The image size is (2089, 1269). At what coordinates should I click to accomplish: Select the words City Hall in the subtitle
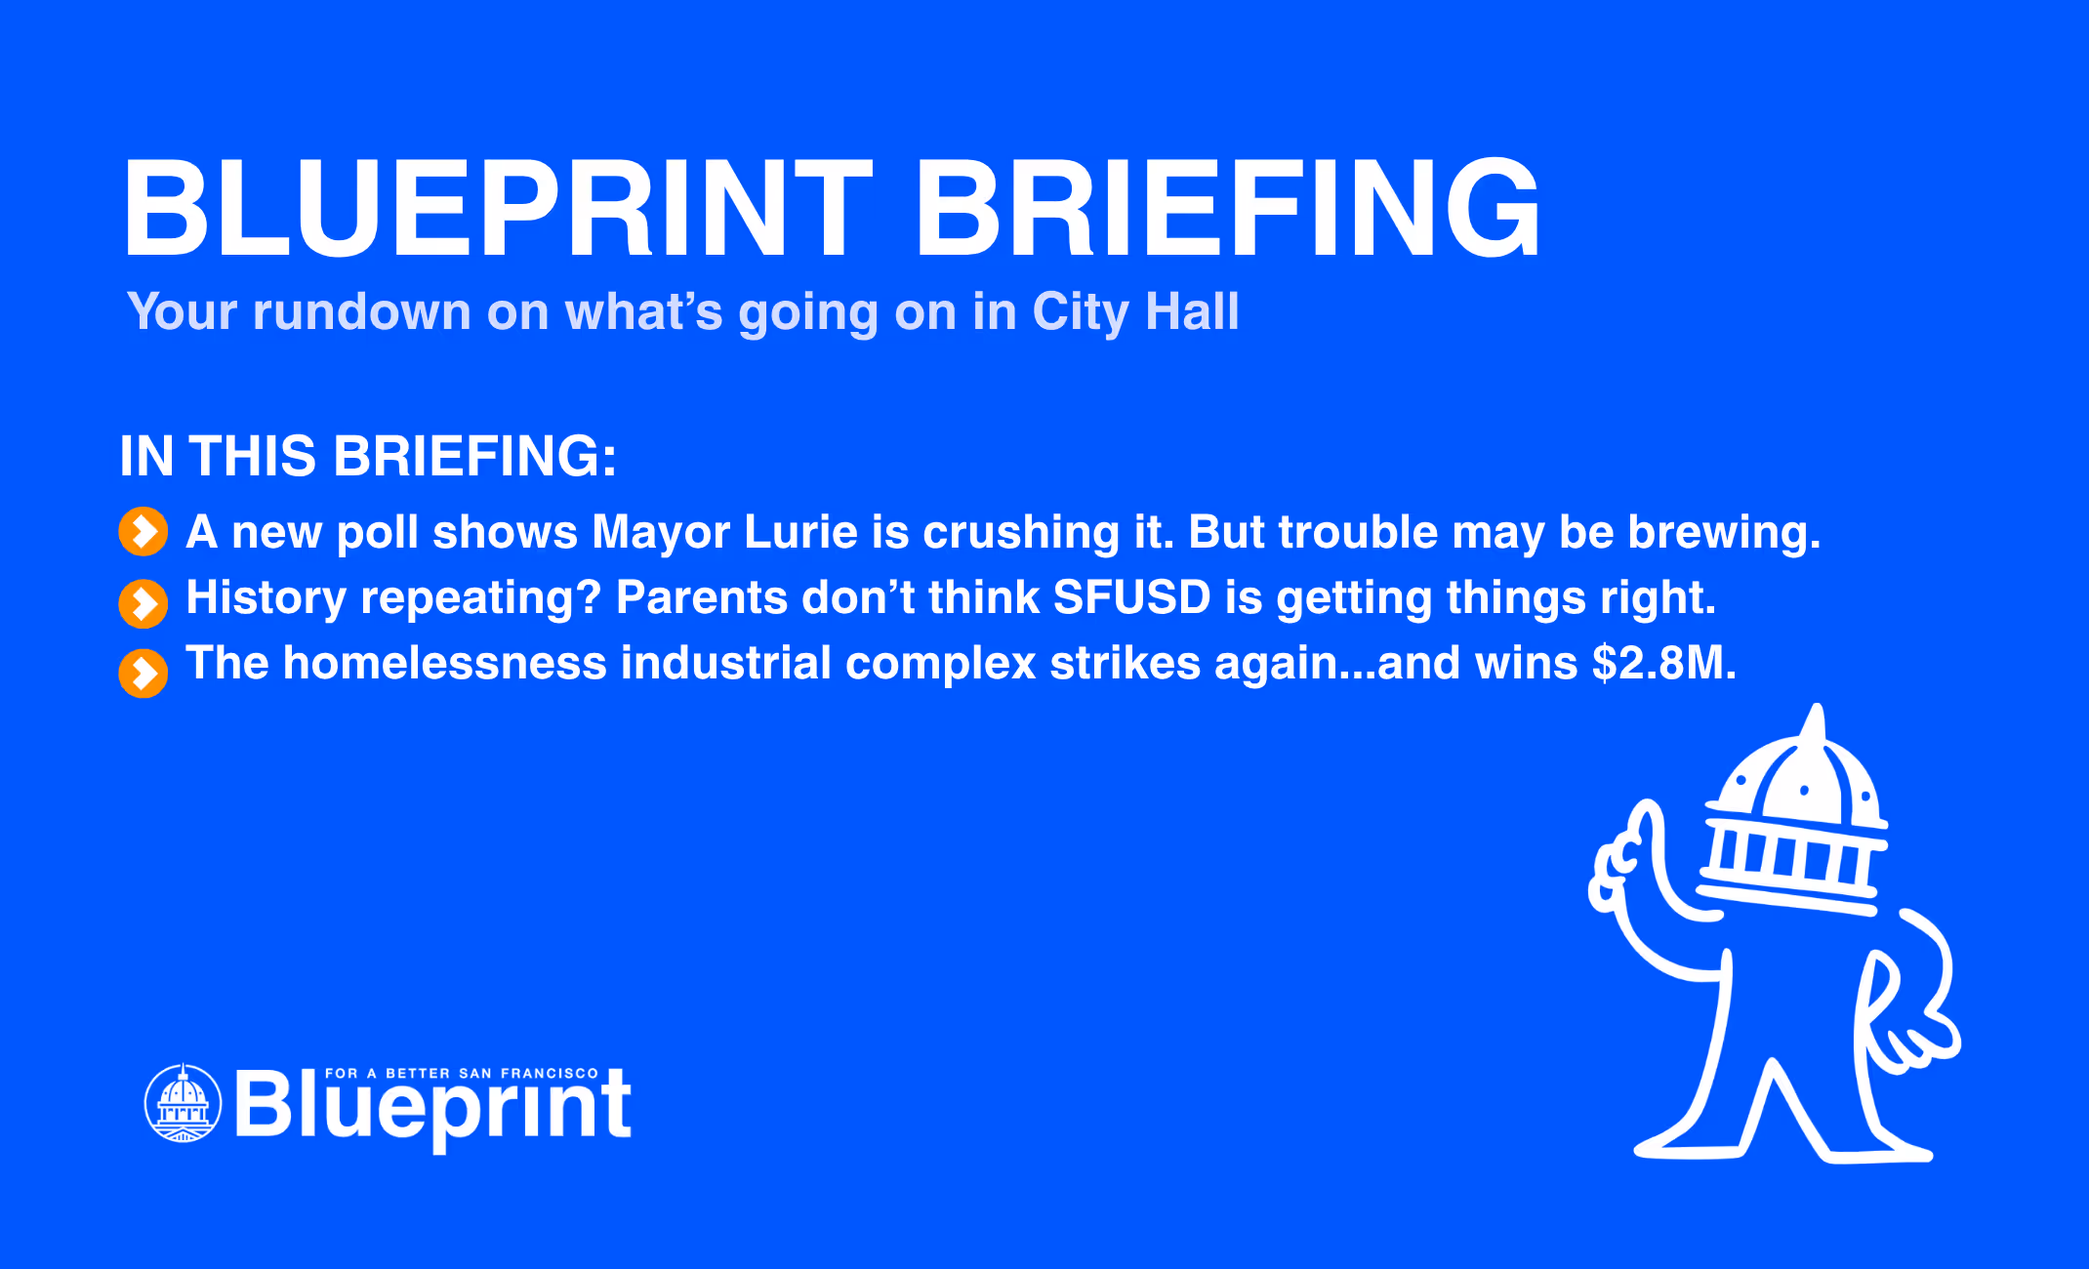tap(1135, 312)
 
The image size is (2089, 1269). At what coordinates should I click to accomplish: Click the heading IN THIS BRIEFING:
tap(368, 456)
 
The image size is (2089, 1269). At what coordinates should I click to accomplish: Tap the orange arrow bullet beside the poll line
tap(143, 532)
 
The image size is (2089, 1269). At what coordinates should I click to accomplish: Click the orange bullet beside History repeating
tap(143, 603)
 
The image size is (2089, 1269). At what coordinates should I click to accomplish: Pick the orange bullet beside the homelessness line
tap(143, 674)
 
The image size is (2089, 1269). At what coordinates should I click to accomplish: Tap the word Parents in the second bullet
tap(701, 597)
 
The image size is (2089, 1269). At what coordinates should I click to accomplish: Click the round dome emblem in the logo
tap(183, 1103)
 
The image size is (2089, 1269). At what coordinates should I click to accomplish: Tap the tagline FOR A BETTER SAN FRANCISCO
tap(461, 1073)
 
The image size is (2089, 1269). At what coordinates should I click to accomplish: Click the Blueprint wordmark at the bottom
tap(433, 1108)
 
